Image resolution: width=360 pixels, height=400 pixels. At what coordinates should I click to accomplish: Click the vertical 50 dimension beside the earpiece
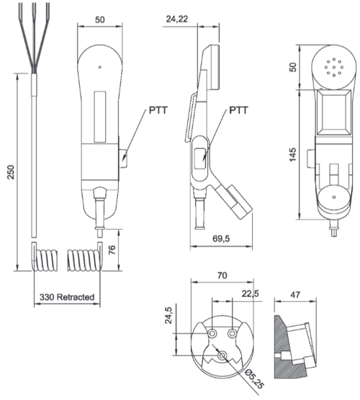293,67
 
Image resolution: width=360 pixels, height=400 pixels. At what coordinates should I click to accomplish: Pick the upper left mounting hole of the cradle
213,334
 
